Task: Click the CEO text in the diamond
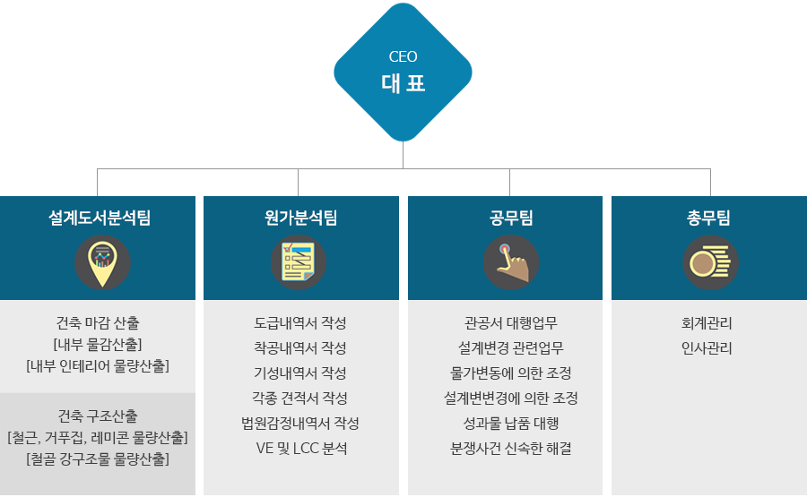[403, 56]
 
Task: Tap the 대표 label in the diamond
[403, 83]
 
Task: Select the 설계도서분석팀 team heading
[100, 218]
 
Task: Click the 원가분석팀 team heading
[300, 218]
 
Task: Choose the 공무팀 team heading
[510, 218]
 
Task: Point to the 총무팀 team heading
[708, 218]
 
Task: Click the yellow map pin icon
[102, 263]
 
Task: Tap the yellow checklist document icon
[298, 261]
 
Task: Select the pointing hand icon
[512, 262]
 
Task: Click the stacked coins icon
[710, 262]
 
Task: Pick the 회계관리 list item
[707, 323]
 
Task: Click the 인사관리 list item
[707, 348]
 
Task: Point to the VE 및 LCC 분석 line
[301, 448]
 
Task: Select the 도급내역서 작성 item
[300, 323]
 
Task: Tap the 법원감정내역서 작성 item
[300, 424]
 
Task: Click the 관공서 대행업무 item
[510, 323]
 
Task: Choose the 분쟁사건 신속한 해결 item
[510, 449]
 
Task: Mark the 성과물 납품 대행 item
[510, 424]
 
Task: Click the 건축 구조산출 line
[98, 416]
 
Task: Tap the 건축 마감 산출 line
[98, 323]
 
